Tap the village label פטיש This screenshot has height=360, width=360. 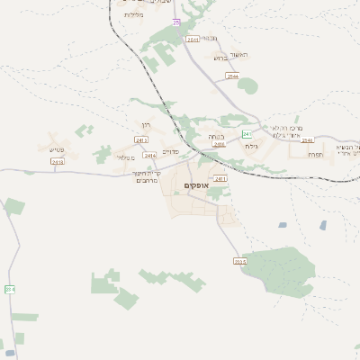pyautogui.click(x=32, y=150)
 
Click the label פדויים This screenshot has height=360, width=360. pyautogui.click(x=170, y=151)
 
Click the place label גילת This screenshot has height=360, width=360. pyautogui.click(x=251, y=146)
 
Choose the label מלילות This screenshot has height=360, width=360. pyautogui.click(x=134, y=15)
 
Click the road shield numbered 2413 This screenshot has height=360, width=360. pyautogui.click(x=58, y=162)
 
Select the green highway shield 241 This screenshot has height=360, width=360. pyautogui.click(x=245, y=134)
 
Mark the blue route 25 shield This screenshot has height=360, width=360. pyautogui.click(x=177, y=22)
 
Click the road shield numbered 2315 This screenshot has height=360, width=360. pyautogui.click(x=239, y=261)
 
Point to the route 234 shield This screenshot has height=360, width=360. pyautogui.click(x=10, y=289)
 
